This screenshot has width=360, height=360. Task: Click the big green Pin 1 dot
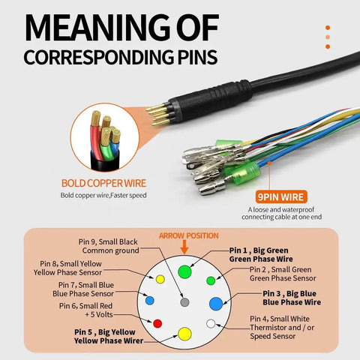click(184, 271)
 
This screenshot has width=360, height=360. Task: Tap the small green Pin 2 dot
click(211, 280)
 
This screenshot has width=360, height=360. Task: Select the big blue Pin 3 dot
click(216, 304)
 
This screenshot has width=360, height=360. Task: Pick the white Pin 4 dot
click(211, 323)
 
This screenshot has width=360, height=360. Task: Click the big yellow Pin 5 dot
click(184, 334)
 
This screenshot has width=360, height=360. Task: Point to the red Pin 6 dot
click(157, 323)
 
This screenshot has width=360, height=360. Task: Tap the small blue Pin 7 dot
click(149, 300)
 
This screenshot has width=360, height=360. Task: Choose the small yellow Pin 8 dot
click(160, 279)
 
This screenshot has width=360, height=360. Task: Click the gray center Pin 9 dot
click(184, 302)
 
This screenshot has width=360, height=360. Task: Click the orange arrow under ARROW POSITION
click(184, 247)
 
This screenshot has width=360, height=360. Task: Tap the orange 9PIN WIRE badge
click(281, 197)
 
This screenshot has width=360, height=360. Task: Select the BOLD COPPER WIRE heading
click(103, 183)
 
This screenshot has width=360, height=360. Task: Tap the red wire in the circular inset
click(96, 140)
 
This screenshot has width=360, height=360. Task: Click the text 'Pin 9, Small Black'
click(108, 241)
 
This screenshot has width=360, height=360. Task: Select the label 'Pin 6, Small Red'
click(85, 306)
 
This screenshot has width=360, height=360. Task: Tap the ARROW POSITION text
click(189, 235)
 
